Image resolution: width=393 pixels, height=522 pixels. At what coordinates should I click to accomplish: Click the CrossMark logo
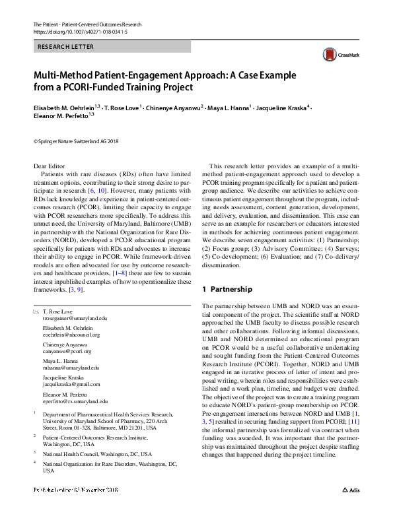[337, 55]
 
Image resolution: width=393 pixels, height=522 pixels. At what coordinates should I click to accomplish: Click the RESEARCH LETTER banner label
[66, 47]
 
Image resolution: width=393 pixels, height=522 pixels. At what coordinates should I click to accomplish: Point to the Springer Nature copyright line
[75, 141]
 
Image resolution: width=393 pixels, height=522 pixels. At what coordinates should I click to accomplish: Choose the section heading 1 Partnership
[227, 290]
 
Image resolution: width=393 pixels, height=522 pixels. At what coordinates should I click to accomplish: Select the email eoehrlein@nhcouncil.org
[71, 335]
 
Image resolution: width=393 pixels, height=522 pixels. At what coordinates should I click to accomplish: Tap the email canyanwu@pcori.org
[67, 352]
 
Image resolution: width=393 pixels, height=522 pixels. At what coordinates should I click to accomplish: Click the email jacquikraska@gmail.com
[71, 384]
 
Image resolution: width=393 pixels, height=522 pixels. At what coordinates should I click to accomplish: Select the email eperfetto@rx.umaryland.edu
[75, 401]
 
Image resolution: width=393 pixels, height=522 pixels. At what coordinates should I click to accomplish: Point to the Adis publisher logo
[350, 509]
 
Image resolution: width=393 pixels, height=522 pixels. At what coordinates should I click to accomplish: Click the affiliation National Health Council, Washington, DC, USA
[96, 454]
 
